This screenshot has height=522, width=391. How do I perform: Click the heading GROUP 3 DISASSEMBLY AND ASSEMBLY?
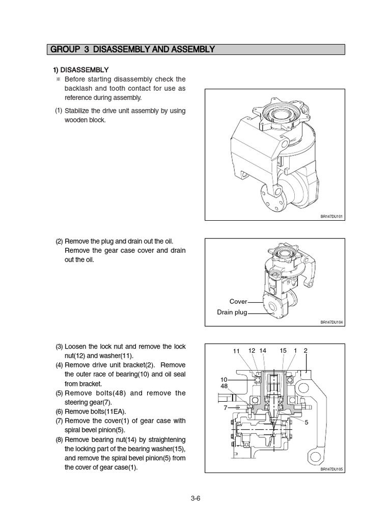click(x=131, y=49)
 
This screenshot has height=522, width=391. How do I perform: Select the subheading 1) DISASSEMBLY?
click(x=81, y=69)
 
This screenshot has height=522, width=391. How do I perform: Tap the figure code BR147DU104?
click(x=332, y=322)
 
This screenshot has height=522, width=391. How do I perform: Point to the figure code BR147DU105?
click(x=332, y=469)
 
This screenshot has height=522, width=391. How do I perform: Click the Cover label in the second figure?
click(x=238, y=302)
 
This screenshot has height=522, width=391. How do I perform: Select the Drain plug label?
click(x=232, y=312)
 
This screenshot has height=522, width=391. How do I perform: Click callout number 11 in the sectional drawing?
click(x=236, y=351)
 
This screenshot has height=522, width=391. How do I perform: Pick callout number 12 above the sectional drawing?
click(x=252, y=350)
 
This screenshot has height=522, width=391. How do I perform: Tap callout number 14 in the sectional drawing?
click(x=263, y=350)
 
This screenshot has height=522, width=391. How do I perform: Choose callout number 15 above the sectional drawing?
click(x=283, y=350)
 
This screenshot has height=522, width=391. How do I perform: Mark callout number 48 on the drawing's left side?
click(x=224, y=386)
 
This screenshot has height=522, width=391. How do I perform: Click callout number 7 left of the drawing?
click(x=225, y=408)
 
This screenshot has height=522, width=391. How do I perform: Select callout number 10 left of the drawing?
click(x=224, y=380)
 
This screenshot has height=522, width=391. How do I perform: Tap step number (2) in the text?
click(x=59, y=241)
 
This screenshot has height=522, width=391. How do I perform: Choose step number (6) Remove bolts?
click(x=59, y=411)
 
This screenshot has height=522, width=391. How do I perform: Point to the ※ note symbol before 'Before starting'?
click(x=59, y=80)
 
